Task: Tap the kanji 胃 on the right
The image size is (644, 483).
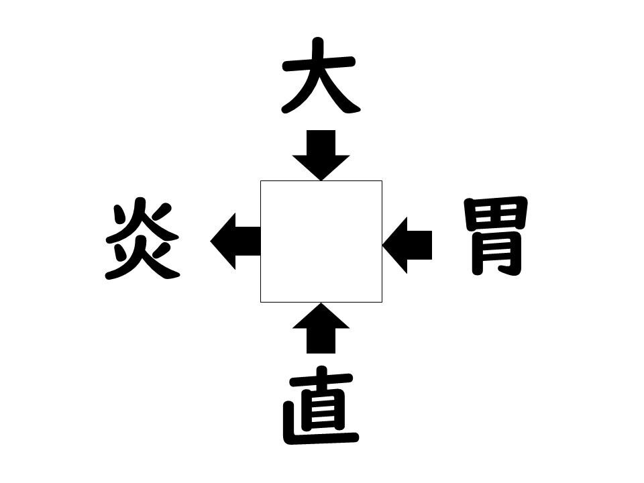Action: coord(496,235)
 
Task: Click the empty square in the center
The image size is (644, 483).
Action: coord(321,241)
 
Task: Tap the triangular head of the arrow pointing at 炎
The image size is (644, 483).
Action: coord(223,241)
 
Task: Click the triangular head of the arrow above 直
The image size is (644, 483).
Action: coord(321,315)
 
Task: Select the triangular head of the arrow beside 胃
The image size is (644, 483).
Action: coord(394,246)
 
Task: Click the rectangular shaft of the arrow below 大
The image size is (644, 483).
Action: coord(321,143)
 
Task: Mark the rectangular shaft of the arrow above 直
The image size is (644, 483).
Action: coord(321,341)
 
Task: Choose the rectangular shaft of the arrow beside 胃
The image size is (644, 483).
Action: coord(419,246)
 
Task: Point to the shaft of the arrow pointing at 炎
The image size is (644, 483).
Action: coord(248,241)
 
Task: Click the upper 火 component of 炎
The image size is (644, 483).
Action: coord(142,221)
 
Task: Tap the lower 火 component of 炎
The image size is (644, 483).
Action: coord(142,259)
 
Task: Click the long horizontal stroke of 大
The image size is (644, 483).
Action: coord(318,64)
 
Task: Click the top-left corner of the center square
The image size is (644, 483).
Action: coord(260,180)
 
